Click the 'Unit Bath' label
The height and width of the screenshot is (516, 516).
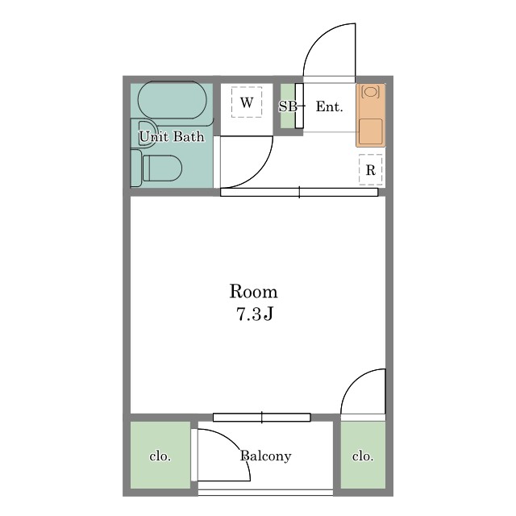(172, 136)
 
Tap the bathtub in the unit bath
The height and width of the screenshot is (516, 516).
(172, 100)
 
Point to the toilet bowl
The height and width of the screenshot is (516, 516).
(163, 169)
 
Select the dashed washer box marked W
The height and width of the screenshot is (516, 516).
(247, 102)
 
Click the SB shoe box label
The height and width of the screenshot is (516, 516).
(288, 106)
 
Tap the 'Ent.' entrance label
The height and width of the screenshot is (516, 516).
(330, 106)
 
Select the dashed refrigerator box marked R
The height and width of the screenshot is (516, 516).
(371, 169)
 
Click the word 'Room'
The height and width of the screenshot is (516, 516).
(253, 291)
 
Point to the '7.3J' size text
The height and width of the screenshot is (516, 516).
(255, 314)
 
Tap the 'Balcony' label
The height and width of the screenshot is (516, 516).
(265, 456)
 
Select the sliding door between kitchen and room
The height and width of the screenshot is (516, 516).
(299, 192)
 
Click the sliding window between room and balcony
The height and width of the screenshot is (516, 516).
(261, 418)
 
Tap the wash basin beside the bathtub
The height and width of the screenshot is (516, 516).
(144, 131)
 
